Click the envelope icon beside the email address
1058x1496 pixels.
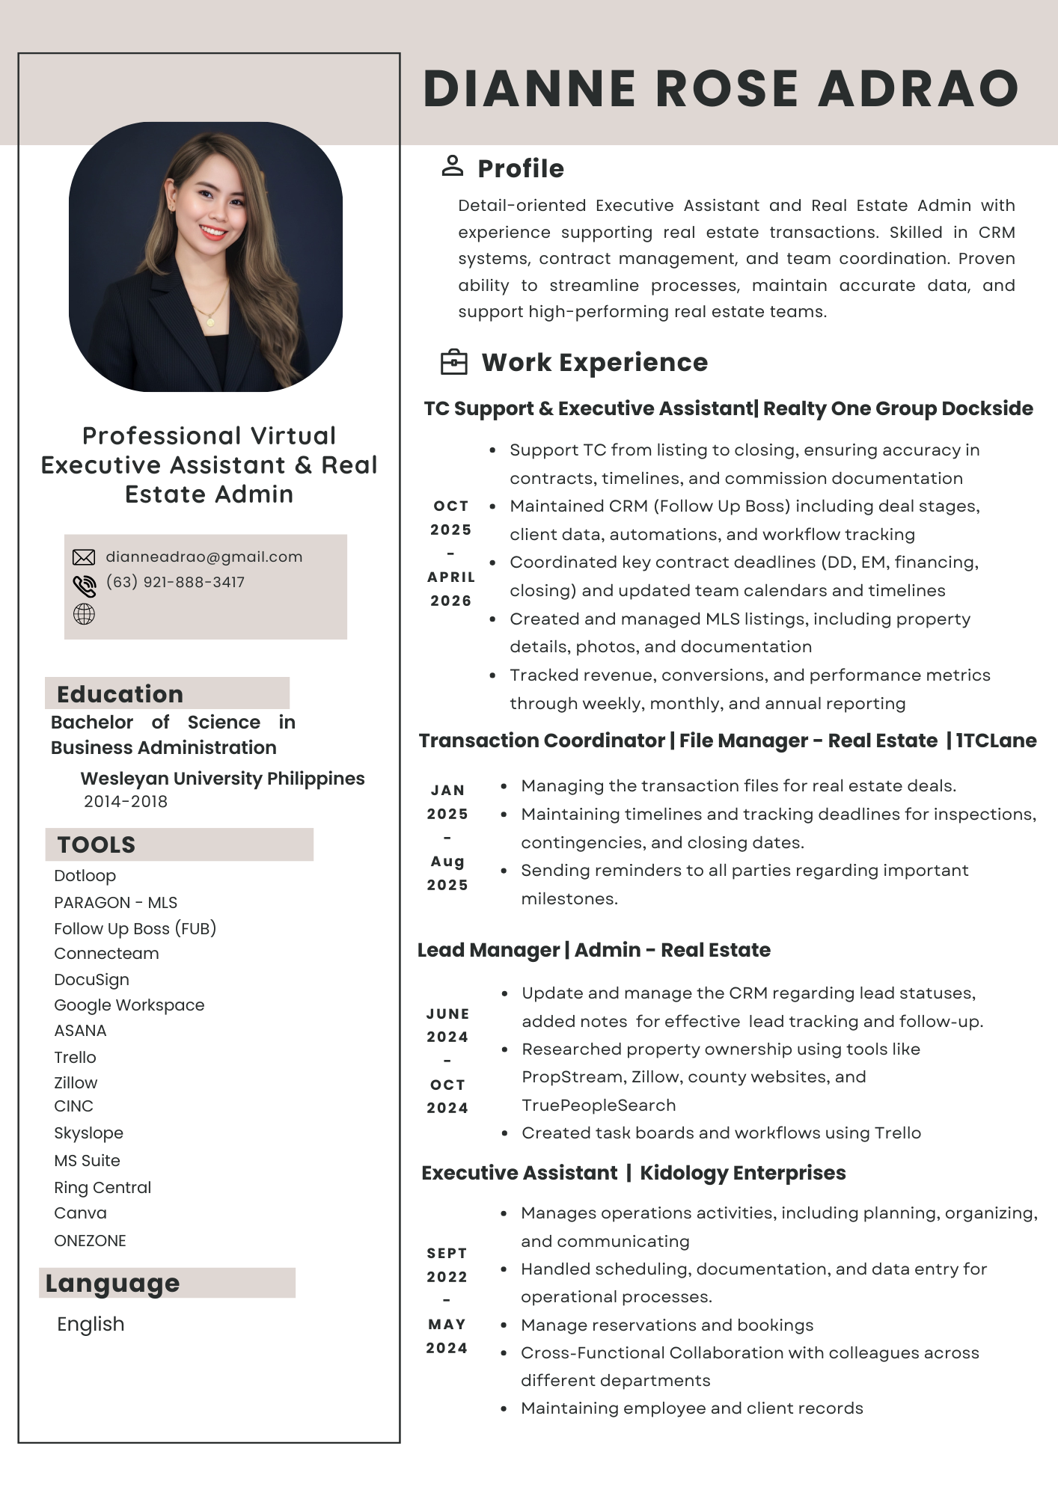click(x=84, y=557)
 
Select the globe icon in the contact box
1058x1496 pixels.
click(x=84, y=614)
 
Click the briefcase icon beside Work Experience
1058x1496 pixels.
click(x=453, y=362)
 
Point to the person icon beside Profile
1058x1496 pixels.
click(x=452, y=166)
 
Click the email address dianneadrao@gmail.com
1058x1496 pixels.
click(x=204, y=557)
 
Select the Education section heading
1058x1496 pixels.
click(x=120, y=694)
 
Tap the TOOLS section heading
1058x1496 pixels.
click(x=97, y=844)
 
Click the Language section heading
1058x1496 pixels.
click(x=112, y=1283)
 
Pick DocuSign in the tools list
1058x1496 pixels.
click(x=91, y=979)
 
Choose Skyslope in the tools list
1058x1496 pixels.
click(x=88, y=1132)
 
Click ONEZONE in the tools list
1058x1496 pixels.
click(x=90, y=1240)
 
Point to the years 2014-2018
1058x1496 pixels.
click(x=126, y=801)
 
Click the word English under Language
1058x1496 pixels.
click(x=91, y=1324)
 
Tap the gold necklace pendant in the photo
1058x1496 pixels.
click(x=210, y=322)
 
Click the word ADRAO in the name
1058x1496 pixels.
click(x=919, y=88)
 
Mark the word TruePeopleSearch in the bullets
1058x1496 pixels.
click(x=599, y=1105)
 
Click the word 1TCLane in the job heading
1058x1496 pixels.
click(x=996, y=741)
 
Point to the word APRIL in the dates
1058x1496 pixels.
click(x=451, y=577)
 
